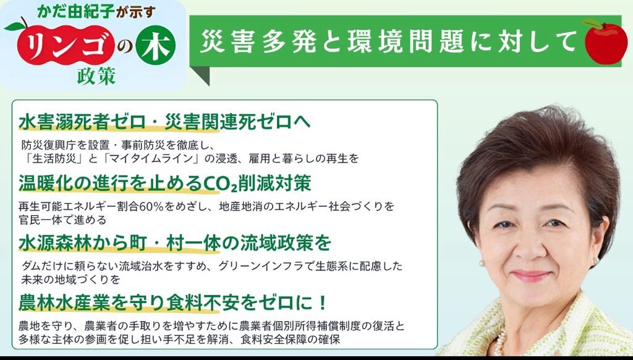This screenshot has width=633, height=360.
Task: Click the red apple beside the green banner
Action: coord(606,42)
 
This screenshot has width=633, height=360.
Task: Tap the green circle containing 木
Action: coord(155,45)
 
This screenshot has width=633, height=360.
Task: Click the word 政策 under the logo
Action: coord(96,75)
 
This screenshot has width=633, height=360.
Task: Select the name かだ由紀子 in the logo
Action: coord(75,12)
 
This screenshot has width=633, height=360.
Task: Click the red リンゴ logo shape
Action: coord(64,45)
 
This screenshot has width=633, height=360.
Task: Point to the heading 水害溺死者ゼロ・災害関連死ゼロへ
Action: coord(164,122)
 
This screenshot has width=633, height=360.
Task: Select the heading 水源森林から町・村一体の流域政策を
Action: coord(174,243)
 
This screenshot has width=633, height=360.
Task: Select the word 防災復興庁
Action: coord(48,145)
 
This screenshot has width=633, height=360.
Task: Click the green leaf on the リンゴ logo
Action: coord(15,27)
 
